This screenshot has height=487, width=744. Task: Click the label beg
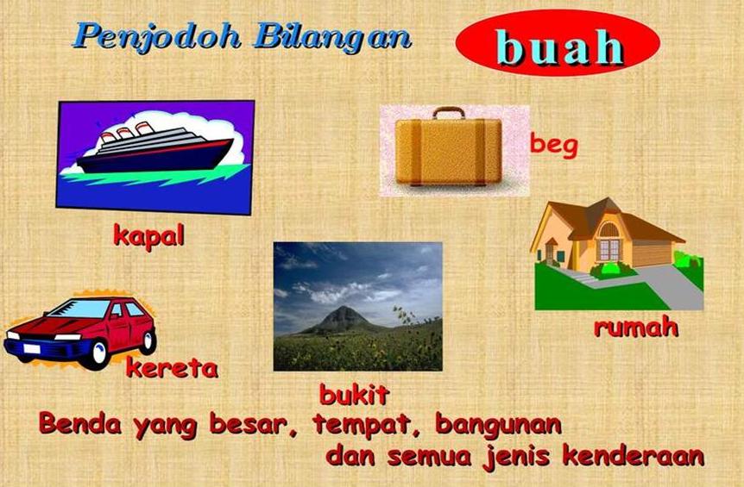553,143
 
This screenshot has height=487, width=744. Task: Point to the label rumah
635,327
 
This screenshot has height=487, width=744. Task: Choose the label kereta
172,368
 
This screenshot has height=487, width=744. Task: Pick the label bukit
354,395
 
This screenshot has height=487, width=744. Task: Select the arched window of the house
609,230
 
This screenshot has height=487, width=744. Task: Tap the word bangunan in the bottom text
498,425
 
